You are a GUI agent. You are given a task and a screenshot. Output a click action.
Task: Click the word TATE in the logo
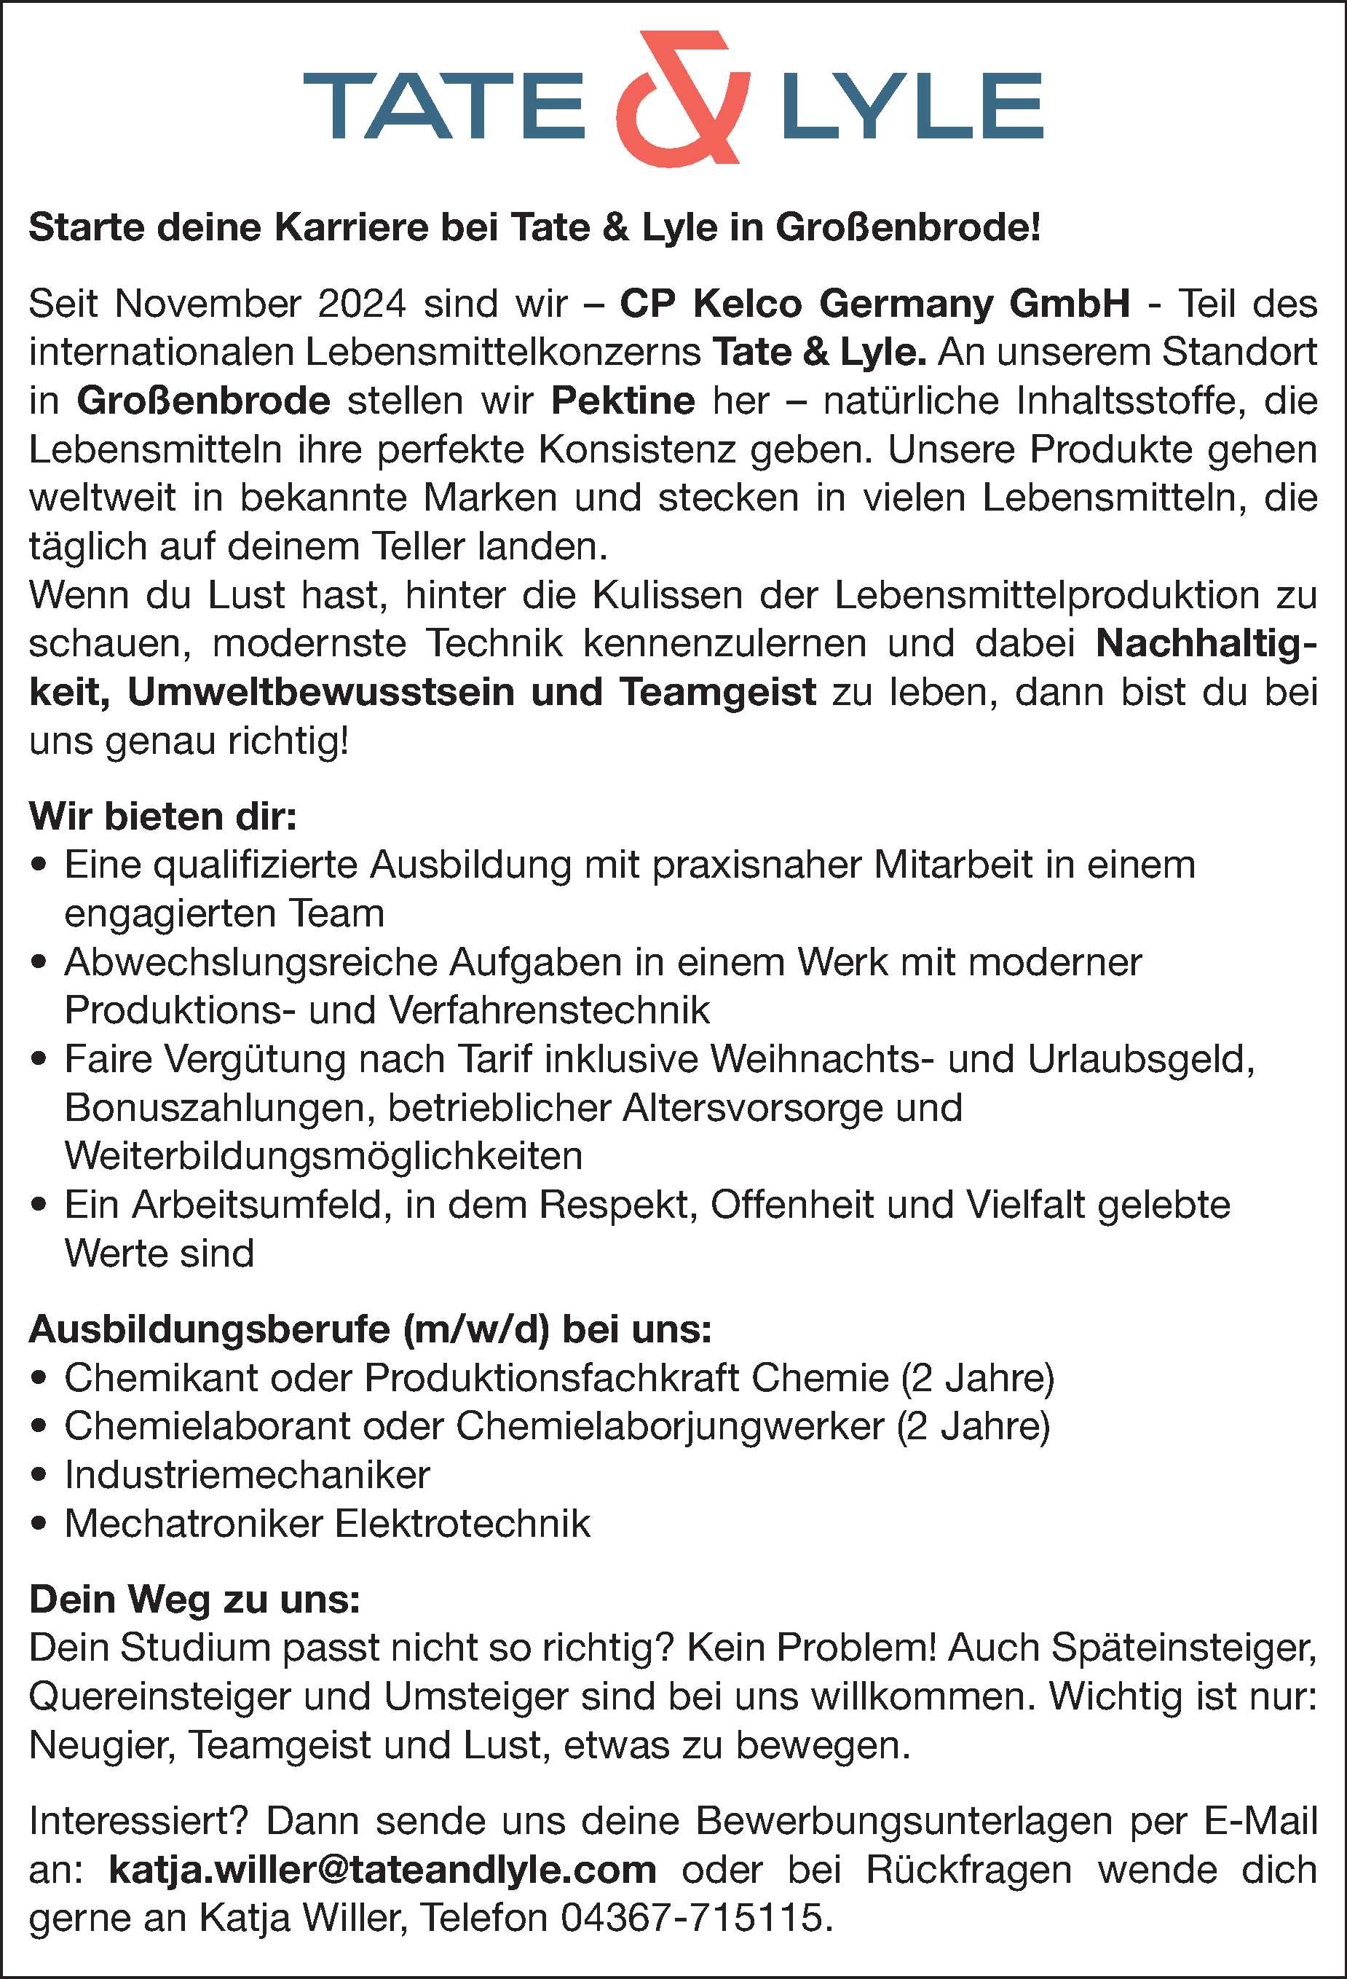point(443,106)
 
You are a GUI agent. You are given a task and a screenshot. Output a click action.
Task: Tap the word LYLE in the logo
point(912,106)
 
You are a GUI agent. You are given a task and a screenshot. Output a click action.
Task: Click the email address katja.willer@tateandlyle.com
point(383,1871)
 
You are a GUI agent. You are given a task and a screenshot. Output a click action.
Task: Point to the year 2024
point(362,304)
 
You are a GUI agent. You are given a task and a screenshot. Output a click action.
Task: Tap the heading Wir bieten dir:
point(162,817)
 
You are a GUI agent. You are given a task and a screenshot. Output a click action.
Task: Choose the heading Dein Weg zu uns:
point(195,1600)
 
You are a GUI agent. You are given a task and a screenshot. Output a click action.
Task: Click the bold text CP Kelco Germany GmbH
point(874,304)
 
